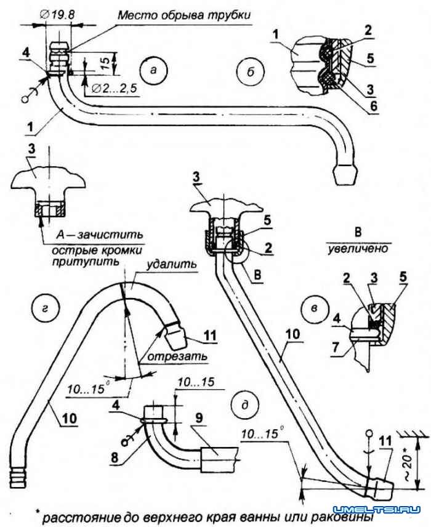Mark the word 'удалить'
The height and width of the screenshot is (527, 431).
pyautogui.click(x=172, y=263)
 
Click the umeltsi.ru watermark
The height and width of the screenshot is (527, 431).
pyautogui.click(x=377, y=509)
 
